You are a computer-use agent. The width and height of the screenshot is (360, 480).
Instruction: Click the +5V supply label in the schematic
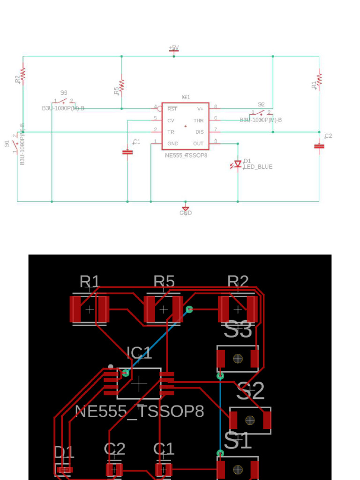(173, 48)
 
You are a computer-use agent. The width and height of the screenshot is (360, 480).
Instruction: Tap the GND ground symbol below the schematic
(186, 209)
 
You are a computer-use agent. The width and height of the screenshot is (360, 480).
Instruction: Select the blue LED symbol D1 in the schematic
(238, 164)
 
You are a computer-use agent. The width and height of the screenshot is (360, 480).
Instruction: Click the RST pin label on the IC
(172, 109)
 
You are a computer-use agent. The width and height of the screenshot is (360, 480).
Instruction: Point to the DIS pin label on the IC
(199, 132)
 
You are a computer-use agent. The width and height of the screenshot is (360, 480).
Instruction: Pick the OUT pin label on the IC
(198, 143)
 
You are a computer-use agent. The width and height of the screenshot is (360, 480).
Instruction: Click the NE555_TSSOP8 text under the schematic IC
(186, 155)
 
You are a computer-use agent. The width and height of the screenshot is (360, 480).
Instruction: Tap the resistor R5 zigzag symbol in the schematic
(121, 85)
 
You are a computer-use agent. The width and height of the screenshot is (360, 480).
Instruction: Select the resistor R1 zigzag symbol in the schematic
(319, 79)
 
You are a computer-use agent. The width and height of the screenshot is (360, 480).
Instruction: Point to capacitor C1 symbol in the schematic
(127, 152)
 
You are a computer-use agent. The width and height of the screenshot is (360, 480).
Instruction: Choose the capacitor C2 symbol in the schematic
(319, 146)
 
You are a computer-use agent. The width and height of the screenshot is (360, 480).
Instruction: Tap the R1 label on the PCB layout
(89, 281)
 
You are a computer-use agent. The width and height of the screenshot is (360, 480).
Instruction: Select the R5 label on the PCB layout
(164, 281)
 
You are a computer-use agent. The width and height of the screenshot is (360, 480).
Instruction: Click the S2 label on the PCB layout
(250, 391)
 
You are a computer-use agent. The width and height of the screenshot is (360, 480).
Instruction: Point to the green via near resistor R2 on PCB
(189, 309)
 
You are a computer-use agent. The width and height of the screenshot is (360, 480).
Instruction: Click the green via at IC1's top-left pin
(126, 373)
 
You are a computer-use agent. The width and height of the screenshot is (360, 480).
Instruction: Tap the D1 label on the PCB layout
(64, 452)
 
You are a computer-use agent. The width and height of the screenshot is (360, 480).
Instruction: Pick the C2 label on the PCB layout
(114, 449)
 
